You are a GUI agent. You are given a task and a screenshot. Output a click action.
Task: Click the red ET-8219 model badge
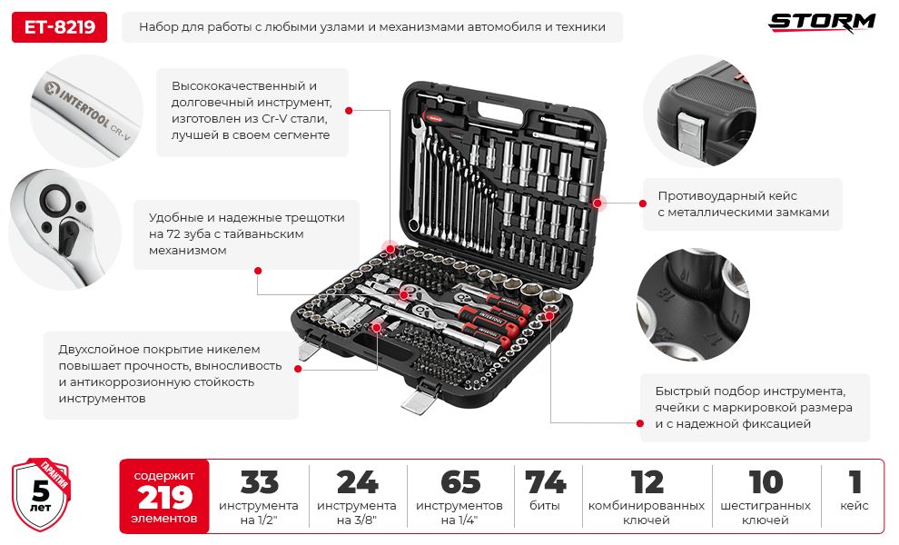point(59,27)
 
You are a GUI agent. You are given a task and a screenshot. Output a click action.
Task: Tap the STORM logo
point(822,22)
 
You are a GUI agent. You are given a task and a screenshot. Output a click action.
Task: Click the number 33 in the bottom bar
point(259,482)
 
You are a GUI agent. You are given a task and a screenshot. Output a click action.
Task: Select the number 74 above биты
point(545,482)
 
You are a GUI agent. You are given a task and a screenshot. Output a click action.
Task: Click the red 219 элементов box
point(164,496)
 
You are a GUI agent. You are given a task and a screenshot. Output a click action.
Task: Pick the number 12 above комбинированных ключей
point(647,482)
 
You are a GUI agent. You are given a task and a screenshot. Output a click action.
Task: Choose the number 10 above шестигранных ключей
point(766,482)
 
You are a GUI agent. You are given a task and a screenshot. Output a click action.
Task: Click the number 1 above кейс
point(854,482)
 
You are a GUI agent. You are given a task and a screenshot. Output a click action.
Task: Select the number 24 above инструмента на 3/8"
point(357,482)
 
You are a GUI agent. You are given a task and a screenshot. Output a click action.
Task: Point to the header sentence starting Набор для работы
point(371,27)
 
